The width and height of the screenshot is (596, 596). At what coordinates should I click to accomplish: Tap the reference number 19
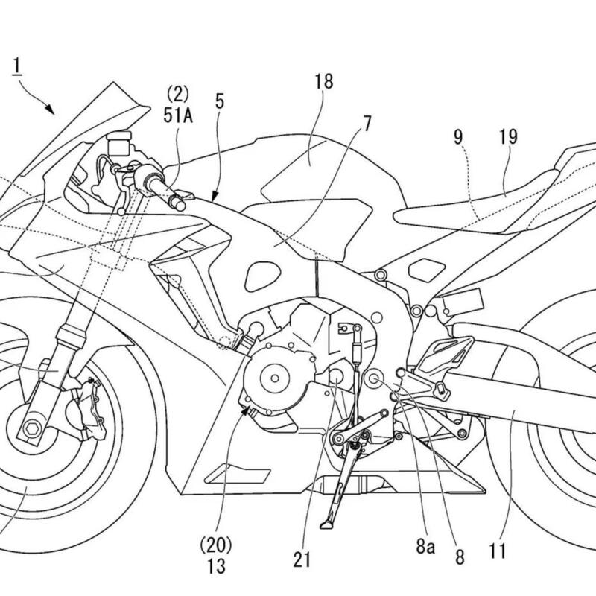(510, 137)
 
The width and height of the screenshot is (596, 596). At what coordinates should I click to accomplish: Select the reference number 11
(498, 552)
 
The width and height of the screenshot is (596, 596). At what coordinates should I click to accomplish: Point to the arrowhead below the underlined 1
(51, 110)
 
